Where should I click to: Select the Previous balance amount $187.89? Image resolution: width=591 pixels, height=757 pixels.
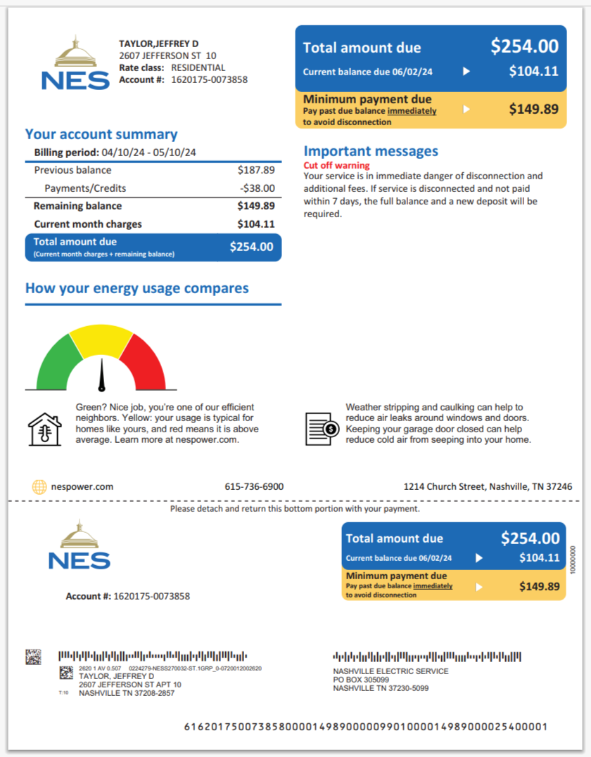point(256,170)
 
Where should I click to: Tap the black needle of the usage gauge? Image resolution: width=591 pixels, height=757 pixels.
point(102,375)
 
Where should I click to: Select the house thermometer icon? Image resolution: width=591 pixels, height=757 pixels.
point(44,429)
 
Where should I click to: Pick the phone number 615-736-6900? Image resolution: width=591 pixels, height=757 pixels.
point(254,486)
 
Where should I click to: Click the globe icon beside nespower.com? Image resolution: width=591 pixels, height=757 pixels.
point(39,486)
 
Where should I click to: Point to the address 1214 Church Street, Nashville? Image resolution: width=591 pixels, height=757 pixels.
point(488,486)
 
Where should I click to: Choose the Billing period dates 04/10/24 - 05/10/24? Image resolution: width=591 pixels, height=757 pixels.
point(148,153)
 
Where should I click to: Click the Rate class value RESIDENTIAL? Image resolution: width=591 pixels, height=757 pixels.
point(198,68)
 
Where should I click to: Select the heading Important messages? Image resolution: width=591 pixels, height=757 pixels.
point(371,151)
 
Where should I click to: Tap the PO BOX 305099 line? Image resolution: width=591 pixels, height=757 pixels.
point(361,680)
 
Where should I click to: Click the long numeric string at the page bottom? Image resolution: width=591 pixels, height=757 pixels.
point(365,727)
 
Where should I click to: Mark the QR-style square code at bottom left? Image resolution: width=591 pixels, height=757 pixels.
point(34,657)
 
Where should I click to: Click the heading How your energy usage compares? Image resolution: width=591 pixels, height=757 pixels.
point(136,288)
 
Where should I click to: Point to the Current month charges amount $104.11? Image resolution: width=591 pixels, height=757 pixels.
point(256,224)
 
